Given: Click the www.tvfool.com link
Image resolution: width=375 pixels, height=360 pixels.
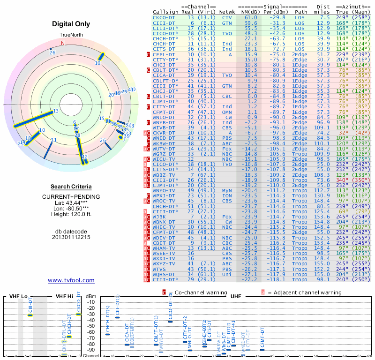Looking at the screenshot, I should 71,280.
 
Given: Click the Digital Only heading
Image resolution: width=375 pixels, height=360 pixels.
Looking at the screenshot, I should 71,24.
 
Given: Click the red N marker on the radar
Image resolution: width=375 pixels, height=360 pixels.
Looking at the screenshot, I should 63,43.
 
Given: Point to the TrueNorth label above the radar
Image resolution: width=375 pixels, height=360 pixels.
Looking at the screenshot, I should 71,35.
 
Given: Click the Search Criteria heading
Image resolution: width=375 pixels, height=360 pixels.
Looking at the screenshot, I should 71,187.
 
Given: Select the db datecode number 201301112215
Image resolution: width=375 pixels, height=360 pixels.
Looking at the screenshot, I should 71,237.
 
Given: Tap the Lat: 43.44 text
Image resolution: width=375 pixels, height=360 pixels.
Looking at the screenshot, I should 71,202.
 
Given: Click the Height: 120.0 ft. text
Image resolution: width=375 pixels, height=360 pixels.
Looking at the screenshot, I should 71,215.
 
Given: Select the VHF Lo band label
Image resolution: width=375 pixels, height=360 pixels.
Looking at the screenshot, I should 18,296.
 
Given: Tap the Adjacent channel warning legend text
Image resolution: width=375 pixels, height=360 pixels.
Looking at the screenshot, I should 305,292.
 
